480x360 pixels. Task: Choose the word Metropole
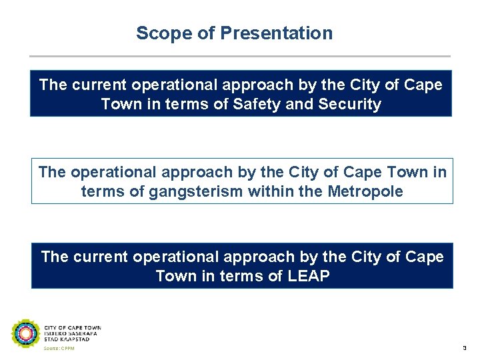click(x=366, y=192)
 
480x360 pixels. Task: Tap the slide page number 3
click(x=464, y=349)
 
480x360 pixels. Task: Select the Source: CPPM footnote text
click(x=59, y=349)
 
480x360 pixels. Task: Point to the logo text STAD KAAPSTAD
click(x=67, y=339)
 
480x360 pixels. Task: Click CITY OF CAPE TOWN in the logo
click(x=73, y=328)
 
